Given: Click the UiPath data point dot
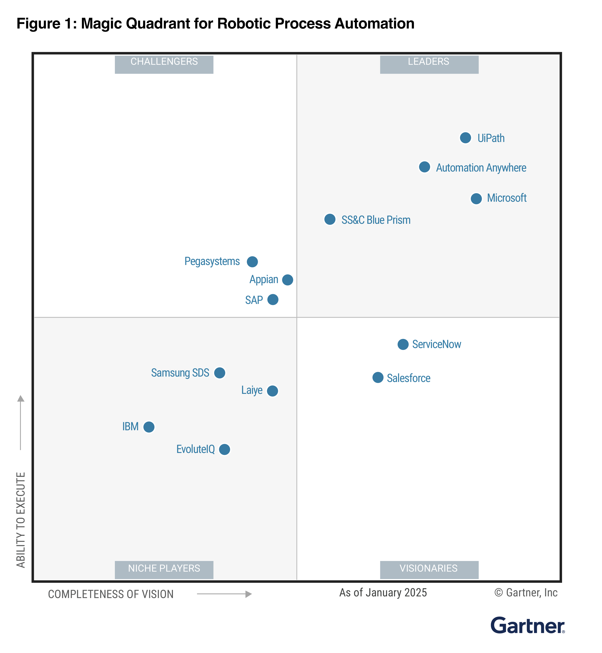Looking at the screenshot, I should (x=465, y=138).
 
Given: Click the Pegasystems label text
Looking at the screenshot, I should (x=212, y=261).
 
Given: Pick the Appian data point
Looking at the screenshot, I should (x=287, y=280).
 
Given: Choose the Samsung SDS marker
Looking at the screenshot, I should (x=219, y=372).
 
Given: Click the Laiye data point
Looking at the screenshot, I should (x=272, y=391).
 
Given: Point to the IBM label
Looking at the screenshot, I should (x=130, y=427).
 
